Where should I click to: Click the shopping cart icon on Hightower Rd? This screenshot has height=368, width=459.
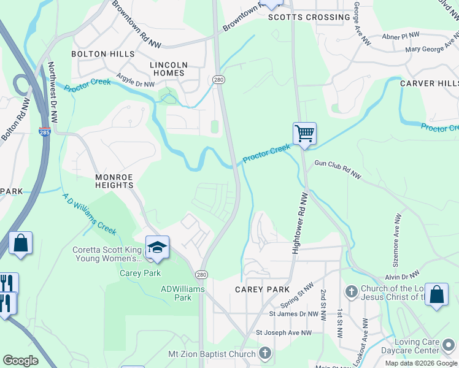pyautogui.click(x=304, y=133)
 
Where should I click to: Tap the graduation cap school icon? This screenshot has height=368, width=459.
pyautogui.click(x=157, y=248)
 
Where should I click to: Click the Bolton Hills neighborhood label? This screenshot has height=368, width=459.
pyautogui.click(x=103, y=54)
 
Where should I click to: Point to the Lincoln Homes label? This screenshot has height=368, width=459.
pyautogui.click(x=168, y=69)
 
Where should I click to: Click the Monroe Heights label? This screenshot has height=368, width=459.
pyautogui.click(x=114, y=180)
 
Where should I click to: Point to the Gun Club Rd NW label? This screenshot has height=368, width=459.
pyautogui.click(x=338, y=170)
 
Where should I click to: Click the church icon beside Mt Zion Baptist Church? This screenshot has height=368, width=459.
pyautogui.click(x=264, y=353)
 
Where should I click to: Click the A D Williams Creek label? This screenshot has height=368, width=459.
pyautogui.click(x=90, y=214)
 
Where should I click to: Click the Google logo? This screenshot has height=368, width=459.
pyautogui.click(x=20, y=361)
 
